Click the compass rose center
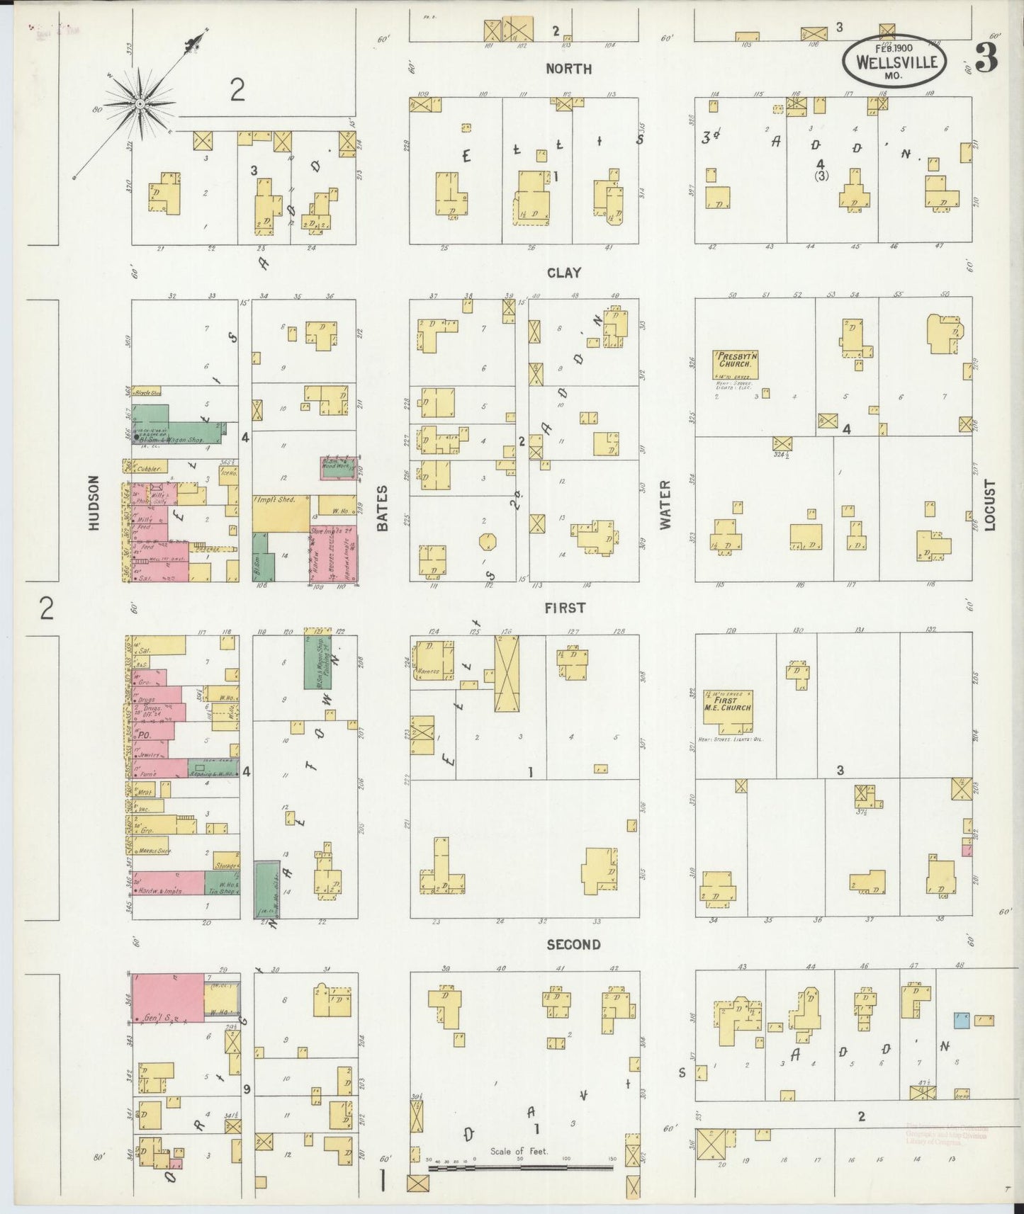[x=140, y=104]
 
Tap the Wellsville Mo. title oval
[x=895, y=61]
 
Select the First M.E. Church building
[x=728, y=706]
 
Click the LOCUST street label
[x=989, y=505]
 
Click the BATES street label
[x=383, y=507]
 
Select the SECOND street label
[x=573, y=944]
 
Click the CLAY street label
[x=564, y=273]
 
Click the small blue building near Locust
[x=961, y=1019]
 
